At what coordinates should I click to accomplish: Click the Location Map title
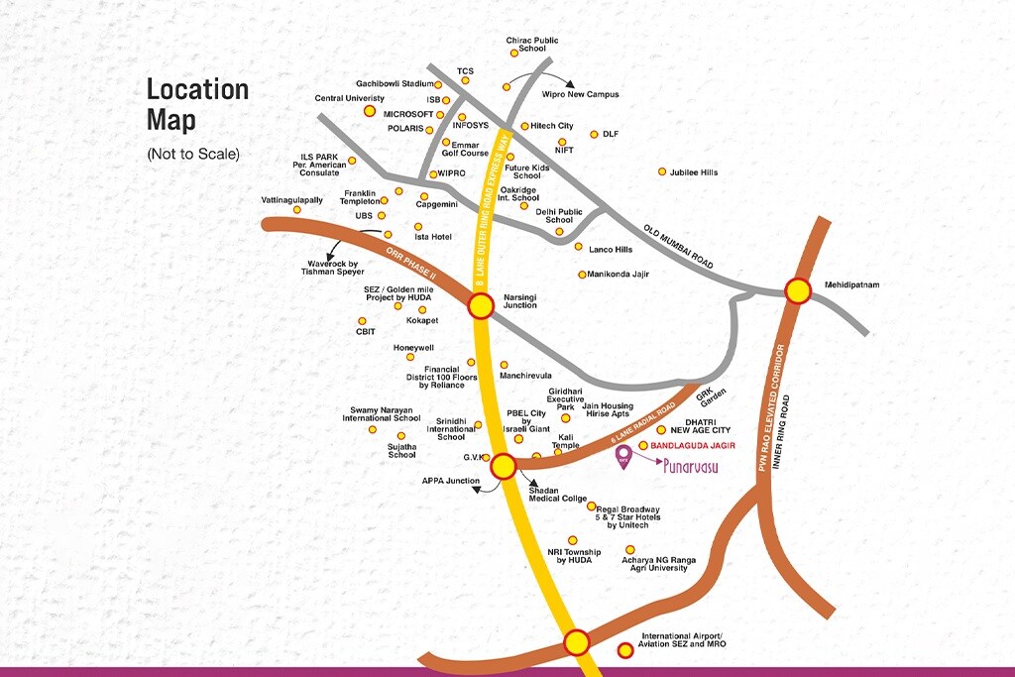pyautogui.click(x=197, y=104)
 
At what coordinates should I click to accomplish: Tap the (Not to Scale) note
pyautogui.click(x=193, y=155)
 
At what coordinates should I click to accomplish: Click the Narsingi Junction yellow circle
pyautogui.click(x=481, y=306)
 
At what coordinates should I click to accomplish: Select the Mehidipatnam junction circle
pyautogui.click(x=798, y=290)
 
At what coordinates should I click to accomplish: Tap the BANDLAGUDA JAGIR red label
pyautogui.click(x=693, y=446)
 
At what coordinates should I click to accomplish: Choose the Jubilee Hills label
pyautogui.click(x=694, y=172)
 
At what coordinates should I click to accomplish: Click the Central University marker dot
pyautogui.click(x=370, y=111)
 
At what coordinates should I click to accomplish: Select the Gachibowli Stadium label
pyautogui.click(x=394, y=84)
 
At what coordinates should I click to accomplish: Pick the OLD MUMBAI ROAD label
pyautogui.click(x=678, y=244)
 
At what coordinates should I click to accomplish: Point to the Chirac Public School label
pyautogui.click(x=532, y=45)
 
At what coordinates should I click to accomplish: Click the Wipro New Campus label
pyautogui.click(x=580, y=94)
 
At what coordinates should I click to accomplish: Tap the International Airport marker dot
pyautogui.click(x=625, y=650)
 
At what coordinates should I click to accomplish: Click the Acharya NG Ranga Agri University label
pyautogui.click(x=658, y=564)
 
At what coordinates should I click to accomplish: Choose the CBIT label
pyautogui.click(x=365, y=333)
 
